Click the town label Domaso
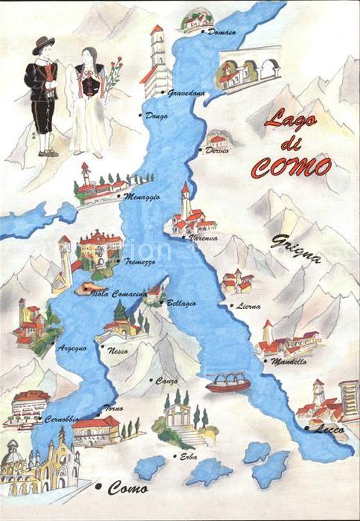[222, 33]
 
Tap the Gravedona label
[186, 93]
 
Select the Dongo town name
[157, 115]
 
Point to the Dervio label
[218, 150]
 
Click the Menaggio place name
[142, 197]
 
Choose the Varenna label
[203, 238]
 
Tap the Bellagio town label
[181, 303]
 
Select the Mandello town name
[289, 362]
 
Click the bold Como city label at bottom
[128, 488]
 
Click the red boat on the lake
[228, 384]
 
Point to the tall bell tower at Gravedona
[156, 60]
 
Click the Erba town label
[188, 456]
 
